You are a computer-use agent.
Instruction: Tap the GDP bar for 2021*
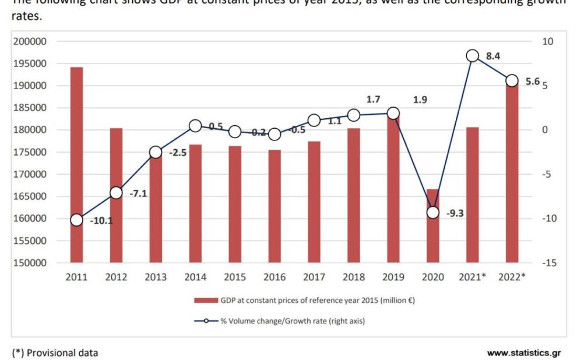click(472, 195)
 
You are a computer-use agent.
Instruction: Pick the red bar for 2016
click(275, 206)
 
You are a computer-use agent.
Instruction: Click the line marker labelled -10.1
click(76, 220)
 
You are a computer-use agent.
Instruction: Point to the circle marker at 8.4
click(472, 56)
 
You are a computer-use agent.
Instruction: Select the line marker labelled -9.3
click(432, 212)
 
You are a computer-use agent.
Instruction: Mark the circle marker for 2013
click(156, 152)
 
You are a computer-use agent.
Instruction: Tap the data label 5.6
click(533, 82)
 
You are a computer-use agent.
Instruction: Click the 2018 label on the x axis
click(353, 277)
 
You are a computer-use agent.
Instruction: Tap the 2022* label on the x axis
click(512, 277)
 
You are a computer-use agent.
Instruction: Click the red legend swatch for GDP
click(205, 301)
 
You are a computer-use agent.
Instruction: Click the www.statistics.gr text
click(523, 352)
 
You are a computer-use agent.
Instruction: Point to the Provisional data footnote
click(55, 352)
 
